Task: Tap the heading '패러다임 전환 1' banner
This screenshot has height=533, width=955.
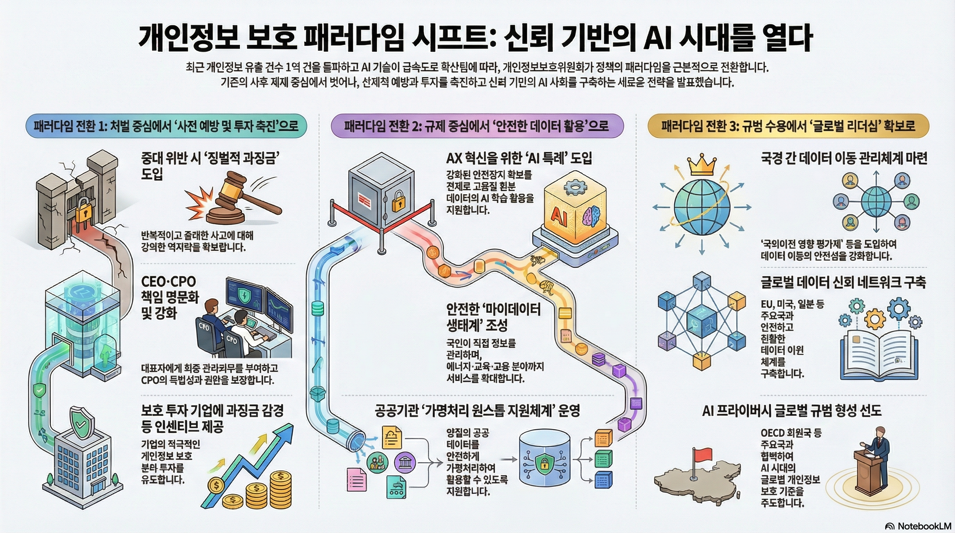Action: tap(166, 126)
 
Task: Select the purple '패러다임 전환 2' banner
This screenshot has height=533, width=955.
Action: tap(477, 126)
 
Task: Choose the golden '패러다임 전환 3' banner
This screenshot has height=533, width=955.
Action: tap(788, 126)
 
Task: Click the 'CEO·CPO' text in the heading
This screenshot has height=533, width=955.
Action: tap(168, 282)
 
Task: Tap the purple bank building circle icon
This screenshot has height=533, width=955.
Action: tap(405, 462)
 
